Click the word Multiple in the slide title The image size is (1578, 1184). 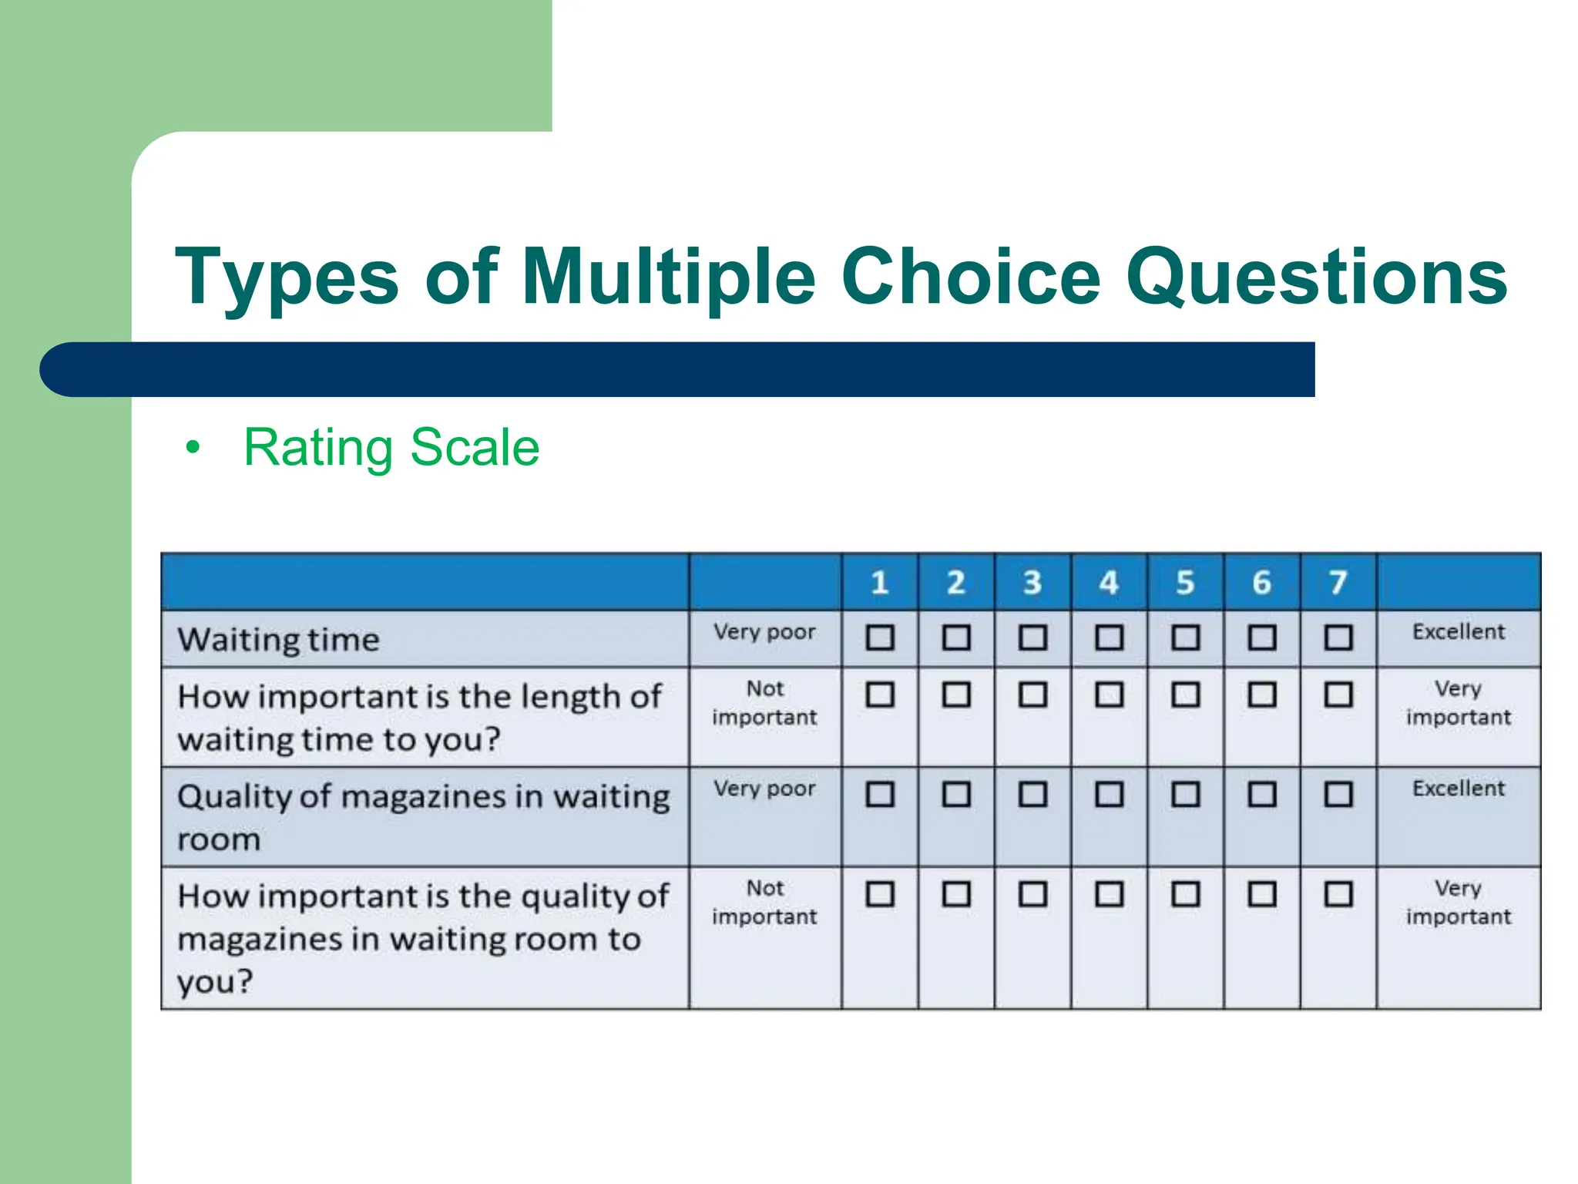[x=668, y=277]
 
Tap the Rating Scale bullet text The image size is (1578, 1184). [x=391, y=447]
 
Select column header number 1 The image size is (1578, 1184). [x=879, y=582]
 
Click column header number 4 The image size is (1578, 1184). [x=1109, y=582]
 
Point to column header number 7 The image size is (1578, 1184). [x=1338, y=582]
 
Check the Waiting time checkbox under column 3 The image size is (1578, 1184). [x=1032, y=637]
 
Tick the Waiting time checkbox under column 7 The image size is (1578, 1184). [x=1338, y=637]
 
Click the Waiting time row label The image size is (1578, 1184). [x=278, y=640]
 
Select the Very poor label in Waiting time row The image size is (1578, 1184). [x=764, y=632]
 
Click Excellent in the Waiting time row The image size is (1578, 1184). [x=1458, y=632]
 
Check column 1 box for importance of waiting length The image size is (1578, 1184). [x=879, y=695]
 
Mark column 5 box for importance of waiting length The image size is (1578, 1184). [x=1185, y=695]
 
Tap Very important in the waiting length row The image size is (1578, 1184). [x=1458, y=702]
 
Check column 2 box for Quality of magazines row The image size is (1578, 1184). [x=956, y=794]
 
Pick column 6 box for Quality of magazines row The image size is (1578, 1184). [x=1262, y=794]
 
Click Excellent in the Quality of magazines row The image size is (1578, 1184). [x=1458, y=789]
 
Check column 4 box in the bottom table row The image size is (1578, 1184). [x=1109, y=894]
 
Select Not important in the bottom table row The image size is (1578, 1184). [x=764, y=902]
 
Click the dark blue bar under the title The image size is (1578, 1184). [x=678, y=369]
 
